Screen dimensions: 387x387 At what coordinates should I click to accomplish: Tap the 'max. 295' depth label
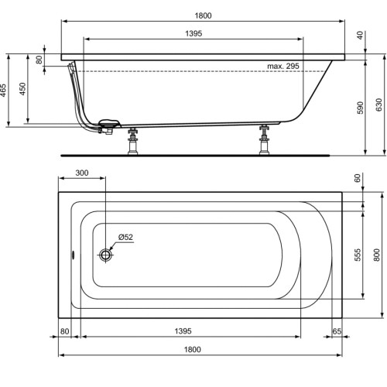pyautogui.click(x=283, y=67)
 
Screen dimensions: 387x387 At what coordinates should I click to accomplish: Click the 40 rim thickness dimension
pyautogui.click(x=361, y=35)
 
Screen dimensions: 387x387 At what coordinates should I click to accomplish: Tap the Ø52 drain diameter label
pyautogui.click(x=125, y=238)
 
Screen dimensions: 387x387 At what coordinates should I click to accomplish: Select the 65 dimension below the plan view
pyautogui.click(x=337, y=331)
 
